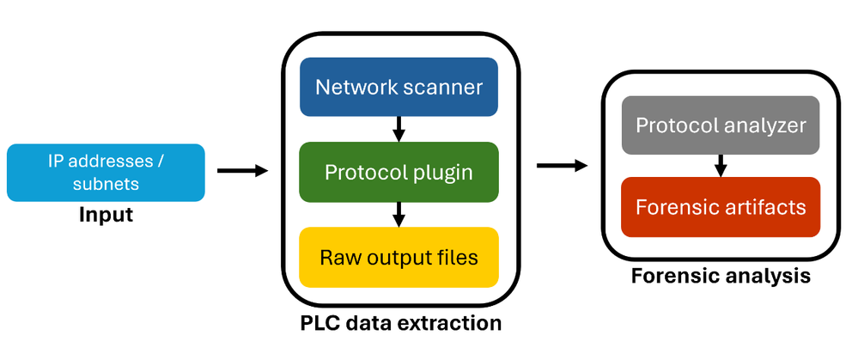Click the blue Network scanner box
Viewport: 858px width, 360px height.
(399, 87)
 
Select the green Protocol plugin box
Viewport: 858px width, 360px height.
(399, 171)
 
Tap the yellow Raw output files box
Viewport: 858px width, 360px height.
(399, 257)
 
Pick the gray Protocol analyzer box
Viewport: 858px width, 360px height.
(721, 125)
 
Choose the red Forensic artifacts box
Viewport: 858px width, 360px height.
(721, 206)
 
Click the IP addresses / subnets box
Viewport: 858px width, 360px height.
(106, 172)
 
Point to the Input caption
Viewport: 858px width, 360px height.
(106, 214)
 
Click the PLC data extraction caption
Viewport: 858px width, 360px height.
(400, 324)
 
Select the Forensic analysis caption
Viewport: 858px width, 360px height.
(721, 277)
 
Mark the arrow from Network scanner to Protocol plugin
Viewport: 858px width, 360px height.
(399, 129)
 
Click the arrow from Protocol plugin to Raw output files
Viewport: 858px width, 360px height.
(399, 214)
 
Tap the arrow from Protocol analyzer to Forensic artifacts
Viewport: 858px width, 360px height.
(721, 165)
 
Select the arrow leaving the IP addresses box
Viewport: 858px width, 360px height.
(242, 171)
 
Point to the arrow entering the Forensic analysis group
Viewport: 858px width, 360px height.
(563, 164)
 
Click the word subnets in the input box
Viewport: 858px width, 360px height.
(106, 184)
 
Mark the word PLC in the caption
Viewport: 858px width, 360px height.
(319, 324)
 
